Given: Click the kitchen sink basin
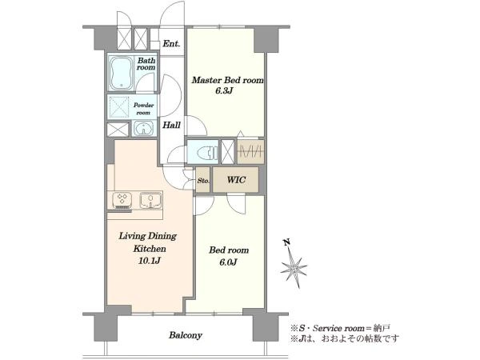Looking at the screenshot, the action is click(150, 199).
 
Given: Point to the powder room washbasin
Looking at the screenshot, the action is click(143, 128).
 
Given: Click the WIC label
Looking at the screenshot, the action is click(236, 180).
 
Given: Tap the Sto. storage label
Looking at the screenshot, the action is click(203, 181).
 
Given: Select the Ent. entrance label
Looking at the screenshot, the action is click(171, 43).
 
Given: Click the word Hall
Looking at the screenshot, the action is click(171, 125).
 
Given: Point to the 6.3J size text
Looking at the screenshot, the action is click(224, 90).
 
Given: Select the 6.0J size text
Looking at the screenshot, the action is click(228, 262).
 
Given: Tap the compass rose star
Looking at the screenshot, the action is click(294, 269).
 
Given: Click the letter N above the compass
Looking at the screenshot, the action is click(287, 242).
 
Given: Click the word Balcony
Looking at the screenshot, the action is click(186, 335).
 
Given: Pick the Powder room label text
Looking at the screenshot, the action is click(143, 109).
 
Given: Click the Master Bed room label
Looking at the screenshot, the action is click(227, 80).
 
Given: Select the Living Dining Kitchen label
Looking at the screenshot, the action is click(148, 242).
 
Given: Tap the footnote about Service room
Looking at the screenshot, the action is click(341, 328).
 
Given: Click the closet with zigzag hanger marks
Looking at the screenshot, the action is click(250, 151).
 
